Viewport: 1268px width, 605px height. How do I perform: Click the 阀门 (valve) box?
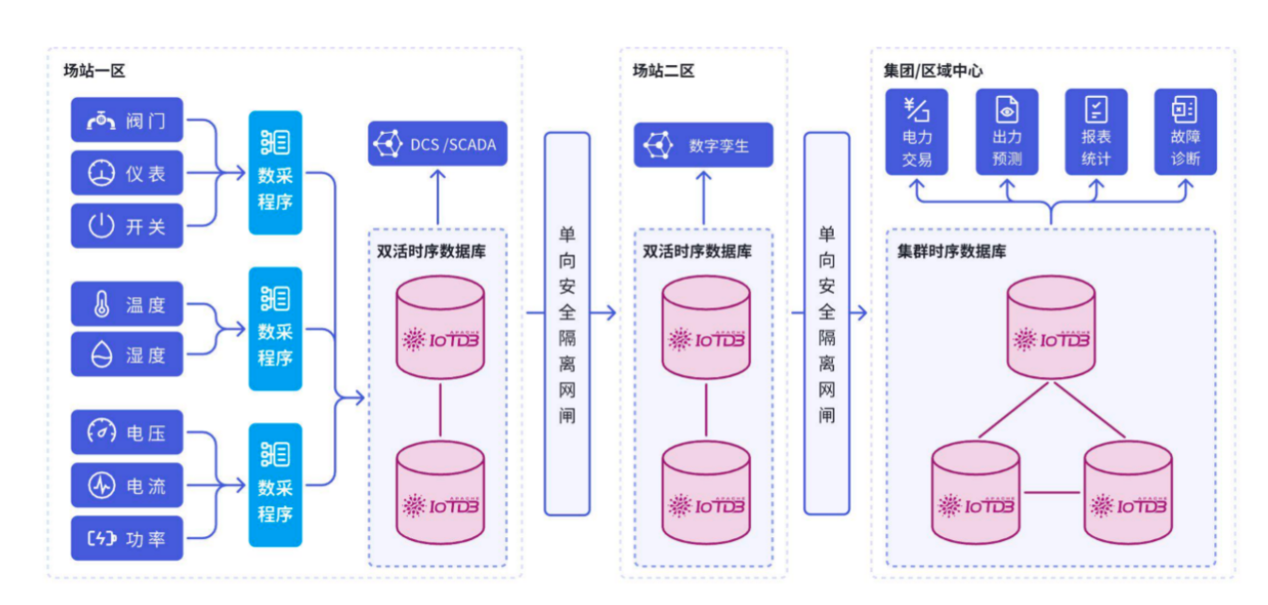pos(127,121)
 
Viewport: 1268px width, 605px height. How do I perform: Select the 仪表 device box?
pos(127,173)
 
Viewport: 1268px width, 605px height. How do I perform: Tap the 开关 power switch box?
pos(127,226)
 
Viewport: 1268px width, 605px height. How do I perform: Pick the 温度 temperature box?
pos(127,304)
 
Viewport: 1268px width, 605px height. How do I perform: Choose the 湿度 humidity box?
pos(127,354)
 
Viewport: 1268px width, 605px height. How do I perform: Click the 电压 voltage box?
pos(127,433)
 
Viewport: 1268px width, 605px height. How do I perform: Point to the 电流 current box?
pos(127,485)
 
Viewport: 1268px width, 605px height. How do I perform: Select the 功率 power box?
pos(127,538)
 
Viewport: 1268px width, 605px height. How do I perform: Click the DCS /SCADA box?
pos(437,144)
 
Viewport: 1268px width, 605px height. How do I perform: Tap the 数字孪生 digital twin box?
pos(703,145)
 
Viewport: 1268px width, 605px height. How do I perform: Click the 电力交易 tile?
pos(917,132)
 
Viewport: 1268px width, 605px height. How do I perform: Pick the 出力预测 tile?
pos(1006,132)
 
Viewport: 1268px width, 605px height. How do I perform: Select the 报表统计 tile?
pos(1096,132)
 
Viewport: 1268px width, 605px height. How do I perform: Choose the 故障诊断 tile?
pos(1185,132)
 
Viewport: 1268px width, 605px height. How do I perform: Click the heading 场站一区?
pos(94,71)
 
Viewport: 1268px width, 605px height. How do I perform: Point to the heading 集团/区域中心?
pos(934,71)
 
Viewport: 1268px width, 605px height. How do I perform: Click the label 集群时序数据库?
pos(951,252)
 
